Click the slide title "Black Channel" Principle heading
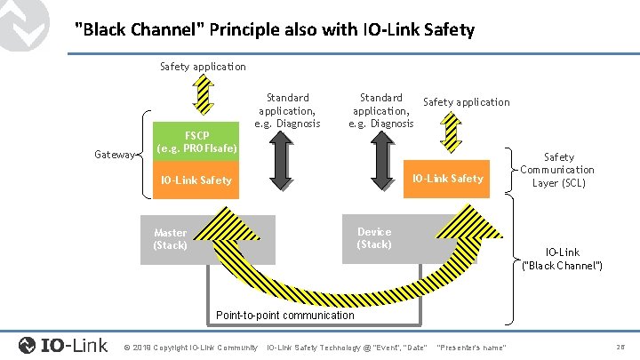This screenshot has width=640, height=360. click(x=275, y=30)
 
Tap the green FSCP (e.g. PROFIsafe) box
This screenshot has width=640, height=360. click(x=185, y=141)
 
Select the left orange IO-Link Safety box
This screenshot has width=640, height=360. click(x=194, y=180)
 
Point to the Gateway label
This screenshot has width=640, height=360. click(x=113, y=155)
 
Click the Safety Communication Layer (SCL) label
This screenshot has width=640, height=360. click(x=557, y=170)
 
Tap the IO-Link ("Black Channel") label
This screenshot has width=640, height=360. click(x=562, y=259)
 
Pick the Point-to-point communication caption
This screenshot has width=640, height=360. click(x=284, y=316)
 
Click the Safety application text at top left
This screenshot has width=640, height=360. click(x=203, y=67)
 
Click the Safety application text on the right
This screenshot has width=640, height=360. click(x=466, y=102)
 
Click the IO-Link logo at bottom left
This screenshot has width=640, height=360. click(x=63, y=345)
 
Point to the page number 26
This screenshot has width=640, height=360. click(x=619, y=346)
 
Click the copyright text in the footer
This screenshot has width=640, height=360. click(x=191, y=347)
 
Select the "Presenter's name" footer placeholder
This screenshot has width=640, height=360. click(x=473, y=347)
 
